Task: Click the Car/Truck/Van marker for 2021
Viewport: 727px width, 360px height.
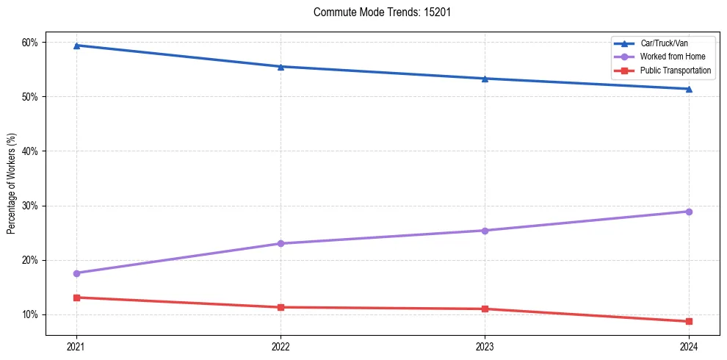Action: click(x=76, y=46)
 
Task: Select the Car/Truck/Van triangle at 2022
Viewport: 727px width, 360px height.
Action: click(x=281, y=67)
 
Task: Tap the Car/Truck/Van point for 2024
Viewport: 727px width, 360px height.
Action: click(x=689, y=89)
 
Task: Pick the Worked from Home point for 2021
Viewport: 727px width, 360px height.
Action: click(x=76, y=273)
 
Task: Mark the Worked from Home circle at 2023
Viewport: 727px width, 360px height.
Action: click(x=485, y=231)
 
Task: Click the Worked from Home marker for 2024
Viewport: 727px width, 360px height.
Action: click(x=689, y=212)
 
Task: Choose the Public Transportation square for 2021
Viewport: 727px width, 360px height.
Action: click(x=76, y=298)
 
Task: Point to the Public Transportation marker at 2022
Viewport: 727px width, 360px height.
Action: click(x=281, y=307)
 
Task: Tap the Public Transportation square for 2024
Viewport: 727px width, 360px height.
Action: click(x=689, y=321)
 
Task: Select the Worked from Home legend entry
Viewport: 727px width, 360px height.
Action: click(x=673, y=57)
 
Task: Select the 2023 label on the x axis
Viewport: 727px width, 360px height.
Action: click(x=485, y=346)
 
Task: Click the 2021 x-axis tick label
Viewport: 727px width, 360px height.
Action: click(x=76, y=346)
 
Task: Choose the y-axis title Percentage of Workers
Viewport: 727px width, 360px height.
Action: click(x=11, y=184)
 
